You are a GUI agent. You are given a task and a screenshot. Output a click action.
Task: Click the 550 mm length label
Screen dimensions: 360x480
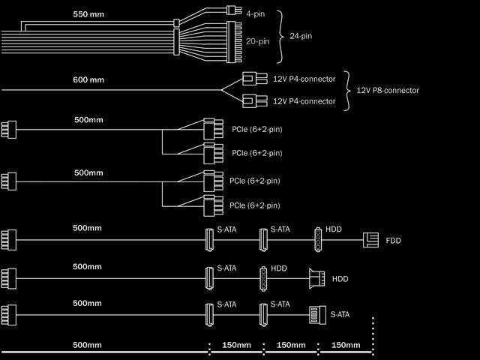point(88,14)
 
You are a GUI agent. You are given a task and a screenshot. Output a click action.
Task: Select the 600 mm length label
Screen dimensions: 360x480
point(88,79)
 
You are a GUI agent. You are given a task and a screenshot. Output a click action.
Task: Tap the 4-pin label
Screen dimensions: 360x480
point(256,13)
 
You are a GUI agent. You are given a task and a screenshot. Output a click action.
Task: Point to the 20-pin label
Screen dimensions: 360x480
point(257,41)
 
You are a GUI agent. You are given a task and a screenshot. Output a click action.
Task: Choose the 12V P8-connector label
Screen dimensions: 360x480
point(388,90)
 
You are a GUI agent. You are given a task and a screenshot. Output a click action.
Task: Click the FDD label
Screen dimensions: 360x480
point(393,241)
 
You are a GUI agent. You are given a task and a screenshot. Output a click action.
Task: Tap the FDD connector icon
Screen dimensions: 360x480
point(370,240)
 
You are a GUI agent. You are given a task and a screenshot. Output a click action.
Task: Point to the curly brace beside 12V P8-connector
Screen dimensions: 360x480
point(347,90)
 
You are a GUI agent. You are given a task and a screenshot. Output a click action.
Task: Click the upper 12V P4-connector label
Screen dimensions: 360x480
point(304,79)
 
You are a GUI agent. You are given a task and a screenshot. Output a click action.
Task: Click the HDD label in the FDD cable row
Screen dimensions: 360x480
point(334,229)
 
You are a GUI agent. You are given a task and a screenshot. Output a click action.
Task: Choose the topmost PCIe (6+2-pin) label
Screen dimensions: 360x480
point(256,129)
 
